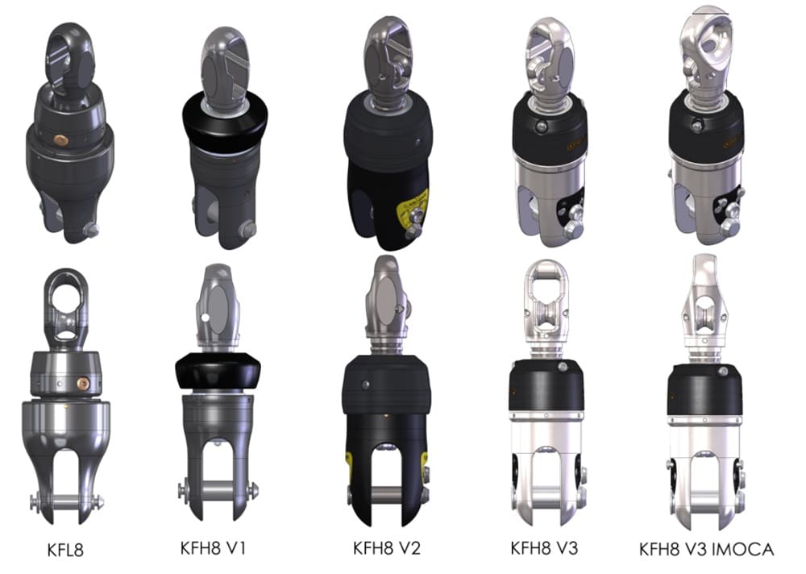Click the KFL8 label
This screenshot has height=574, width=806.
65,551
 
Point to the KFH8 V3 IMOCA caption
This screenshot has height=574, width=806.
706,550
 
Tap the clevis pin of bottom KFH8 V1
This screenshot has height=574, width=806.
218,489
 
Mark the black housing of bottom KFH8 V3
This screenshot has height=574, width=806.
546,386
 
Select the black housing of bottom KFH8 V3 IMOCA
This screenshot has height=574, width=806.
704,389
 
